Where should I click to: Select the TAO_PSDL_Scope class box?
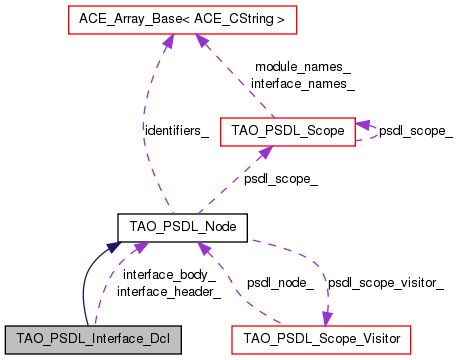[x=288, y=130]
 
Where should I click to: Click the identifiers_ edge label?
[x=176, y=131]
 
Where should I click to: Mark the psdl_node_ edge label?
[x=280, y=283]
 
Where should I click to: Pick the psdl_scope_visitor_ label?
[x=386, y=283]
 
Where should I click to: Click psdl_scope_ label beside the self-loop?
[x=416, y=131]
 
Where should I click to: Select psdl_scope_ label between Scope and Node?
[x=281, y=179]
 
